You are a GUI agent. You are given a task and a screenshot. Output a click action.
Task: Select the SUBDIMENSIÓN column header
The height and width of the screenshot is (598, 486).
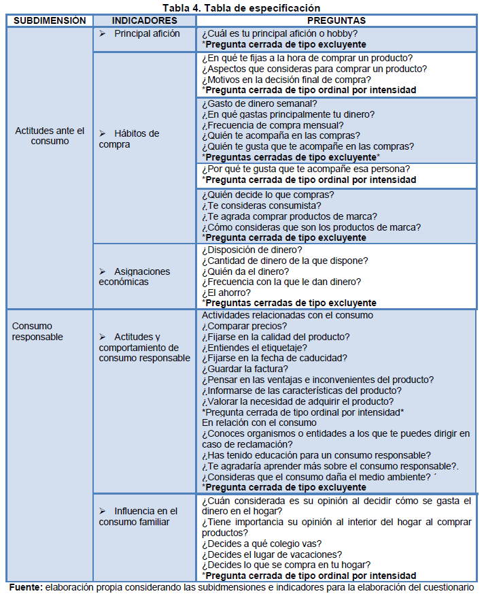click(50, 21)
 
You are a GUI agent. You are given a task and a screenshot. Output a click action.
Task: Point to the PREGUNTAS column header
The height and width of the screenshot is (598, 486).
click(336, 21)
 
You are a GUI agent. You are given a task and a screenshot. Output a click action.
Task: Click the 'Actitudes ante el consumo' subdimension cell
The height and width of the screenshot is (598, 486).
click(50, 136)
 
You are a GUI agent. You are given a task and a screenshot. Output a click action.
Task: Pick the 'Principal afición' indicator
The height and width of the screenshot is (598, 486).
click(147, 33)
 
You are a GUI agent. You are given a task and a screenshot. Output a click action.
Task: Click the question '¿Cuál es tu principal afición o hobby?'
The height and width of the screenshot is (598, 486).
click(280, 33)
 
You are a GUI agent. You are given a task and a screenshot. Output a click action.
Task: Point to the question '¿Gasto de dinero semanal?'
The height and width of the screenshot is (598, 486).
click(259, 103)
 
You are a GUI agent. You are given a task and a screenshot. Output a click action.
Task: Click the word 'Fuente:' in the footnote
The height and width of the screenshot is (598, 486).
click(25, 586)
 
